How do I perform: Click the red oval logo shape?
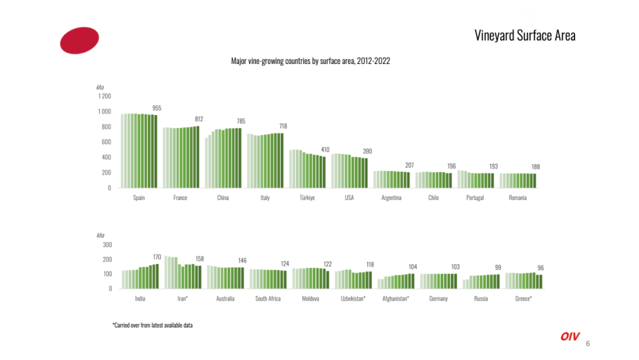click(x=79, y=40)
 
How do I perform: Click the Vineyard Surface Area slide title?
click(x=525, y=36)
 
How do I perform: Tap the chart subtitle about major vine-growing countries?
click(x=311, y=61)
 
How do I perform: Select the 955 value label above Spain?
click(x=157, y=108)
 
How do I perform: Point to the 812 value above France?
click(x=199, y=119)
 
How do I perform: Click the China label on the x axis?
click(x=223, y=198)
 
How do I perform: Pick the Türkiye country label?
click(x=307, y=198)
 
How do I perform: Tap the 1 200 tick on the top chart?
click(x=105, y=97)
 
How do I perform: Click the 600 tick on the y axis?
click(x=106, y=142)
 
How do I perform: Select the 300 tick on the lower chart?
click(x=107, y=245)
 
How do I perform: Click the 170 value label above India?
click(x=157, y=257)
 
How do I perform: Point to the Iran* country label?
click(x=183, y=298)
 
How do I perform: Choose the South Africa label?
click(x=268, y=298)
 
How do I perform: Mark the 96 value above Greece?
click(x=540, y=268)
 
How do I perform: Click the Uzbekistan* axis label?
click(x=353, y=298)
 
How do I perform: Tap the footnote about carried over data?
click(x=153, y=325)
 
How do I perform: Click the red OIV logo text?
click(x=570, y=336)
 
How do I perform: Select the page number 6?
click(x=588, y=343)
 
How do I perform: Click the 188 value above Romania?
click(x=535, y=167)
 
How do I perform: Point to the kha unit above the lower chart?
click(x=100, y=235)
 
